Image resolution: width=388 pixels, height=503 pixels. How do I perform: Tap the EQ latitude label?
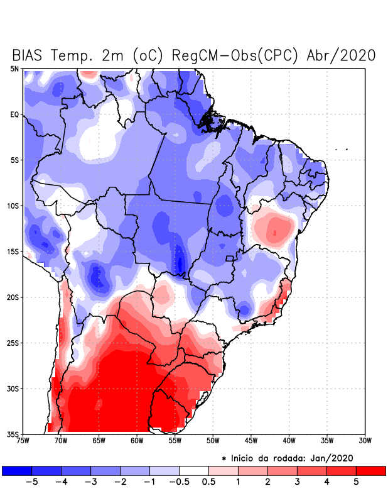[x=14, y=114]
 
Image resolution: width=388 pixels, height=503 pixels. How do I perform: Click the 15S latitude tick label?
[x=13, y=251]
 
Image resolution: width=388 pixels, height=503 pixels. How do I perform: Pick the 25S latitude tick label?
[x=13, y=343]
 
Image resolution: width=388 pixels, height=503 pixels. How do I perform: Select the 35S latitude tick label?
[x=13, y=434]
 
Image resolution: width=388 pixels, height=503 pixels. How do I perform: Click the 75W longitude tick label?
[x=23, y=441]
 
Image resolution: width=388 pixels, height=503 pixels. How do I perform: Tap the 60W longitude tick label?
[x=137, y=441]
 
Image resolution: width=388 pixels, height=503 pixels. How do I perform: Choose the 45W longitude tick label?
[x=251, y=441]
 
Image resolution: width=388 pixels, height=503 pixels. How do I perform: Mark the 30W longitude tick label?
[x=365, y=441]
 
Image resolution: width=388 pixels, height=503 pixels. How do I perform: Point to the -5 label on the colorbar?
[x=32, y=482]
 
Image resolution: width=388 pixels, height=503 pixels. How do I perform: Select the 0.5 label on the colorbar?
[x=208, y=482]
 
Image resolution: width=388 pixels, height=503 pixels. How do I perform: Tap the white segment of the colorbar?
[x=194, y=470]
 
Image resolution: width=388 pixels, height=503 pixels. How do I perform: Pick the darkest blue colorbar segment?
[x=17, y=470]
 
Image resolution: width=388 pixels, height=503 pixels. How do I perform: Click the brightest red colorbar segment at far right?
[x=370, y=470]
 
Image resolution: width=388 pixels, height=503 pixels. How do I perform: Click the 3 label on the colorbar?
[x=297, y=482]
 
